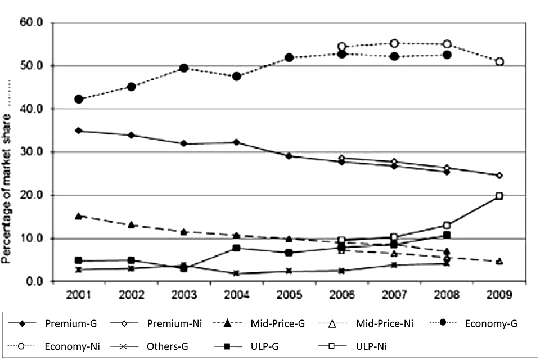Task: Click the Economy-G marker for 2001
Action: click(x=79, y=99)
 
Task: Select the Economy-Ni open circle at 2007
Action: click(x=394, y=43)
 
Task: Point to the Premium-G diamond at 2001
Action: click(x=79, y=130)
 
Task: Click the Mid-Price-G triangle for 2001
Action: click(x=79, y=216)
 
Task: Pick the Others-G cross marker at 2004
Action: click(x=237, y=273)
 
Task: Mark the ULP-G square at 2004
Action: click(x=237, y=248)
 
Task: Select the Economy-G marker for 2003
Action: click(x=184, y=68)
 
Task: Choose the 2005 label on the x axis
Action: click(x=289, y=295)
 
